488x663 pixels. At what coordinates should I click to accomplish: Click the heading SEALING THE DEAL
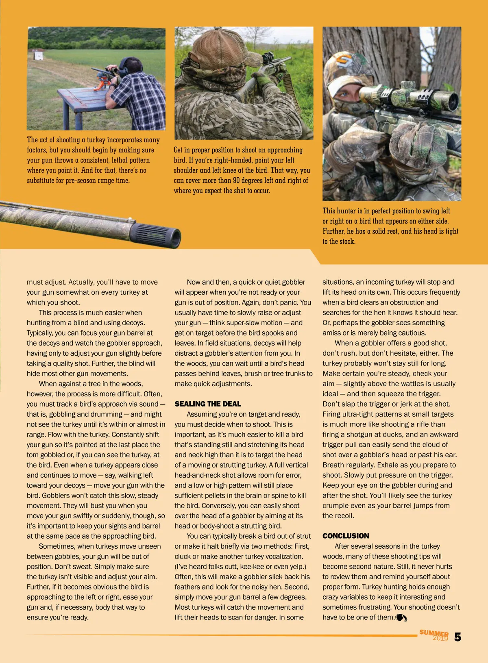tap(208, 404)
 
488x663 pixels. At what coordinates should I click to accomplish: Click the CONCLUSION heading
tap(346, 536)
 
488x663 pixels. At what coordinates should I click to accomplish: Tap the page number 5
tap(457, 637)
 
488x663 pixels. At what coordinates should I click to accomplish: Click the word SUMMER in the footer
tap(434, 633)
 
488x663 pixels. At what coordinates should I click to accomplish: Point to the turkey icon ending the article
tap(401, 618)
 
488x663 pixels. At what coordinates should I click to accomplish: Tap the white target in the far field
tap(39, 55)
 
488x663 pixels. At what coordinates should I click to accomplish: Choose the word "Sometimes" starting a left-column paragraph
tap(56, 546)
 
